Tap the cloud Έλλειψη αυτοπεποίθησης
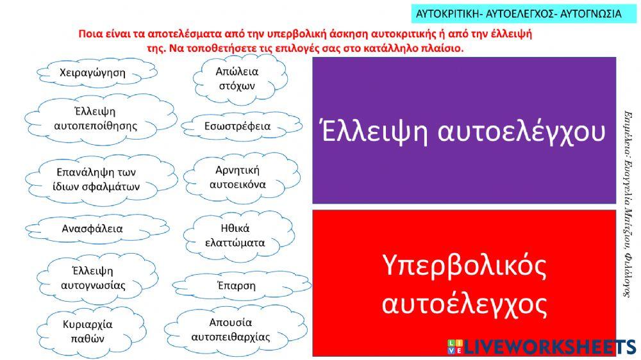click(x=96, y=119)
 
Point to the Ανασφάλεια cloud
click(x=92, y=228)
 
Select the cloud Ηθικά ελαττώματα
click(x=235, y=235)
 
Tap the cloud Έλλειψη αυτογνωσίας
click(x=93, y=277)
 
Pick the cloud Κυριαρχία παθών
click(x=88, y=331)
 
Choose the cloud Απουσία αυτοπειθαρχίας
click(x=231, y=329)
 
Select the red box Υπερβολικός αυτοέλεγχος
click(x=464, y=282)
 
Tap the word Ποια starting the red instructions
click(x=90, y=34)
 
